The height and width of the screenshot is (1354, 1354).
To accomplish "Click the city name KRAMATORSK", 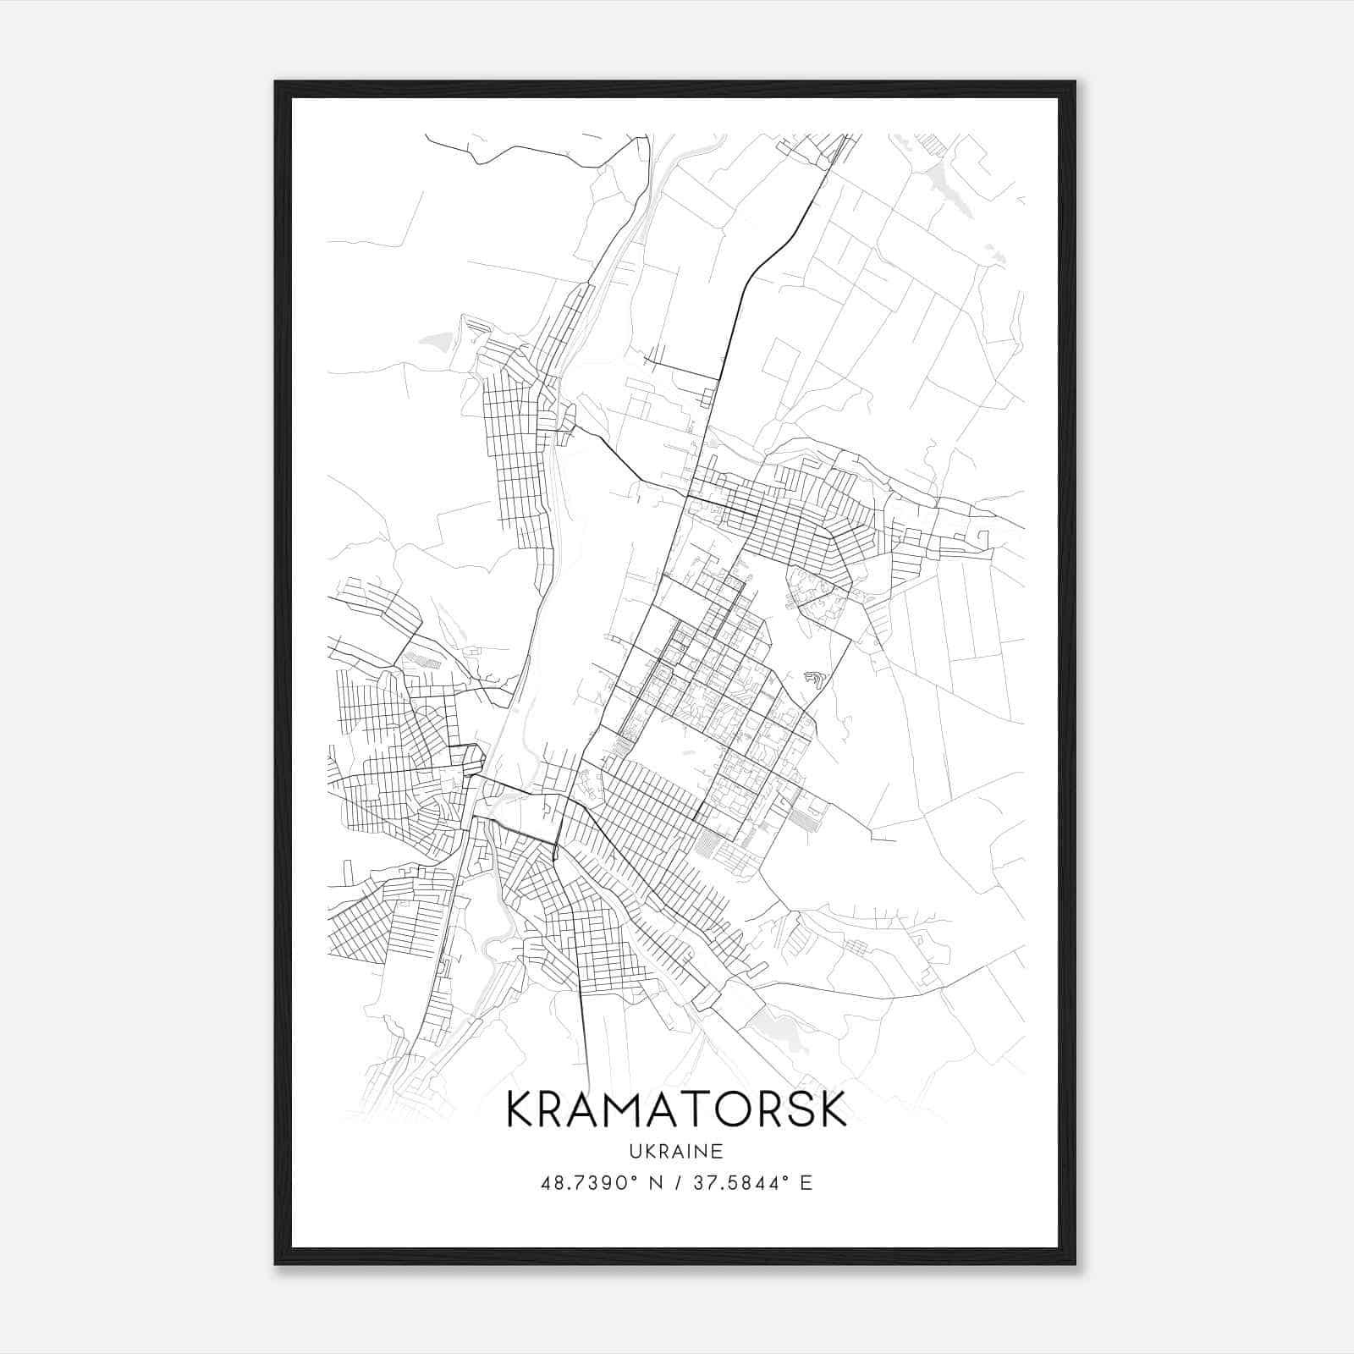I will pos(676,1109).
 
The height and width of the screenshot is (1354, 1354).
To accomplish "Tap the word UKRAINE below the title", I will pos(677,1152).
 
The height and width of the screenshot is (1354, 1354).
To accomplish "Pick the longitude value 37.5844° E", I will pos(752,1183).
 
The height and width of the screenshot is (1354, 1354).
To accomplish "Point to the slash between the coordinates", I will pos(675,1183).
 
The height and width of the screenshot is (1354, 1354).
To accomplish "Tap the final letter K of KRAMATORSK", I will pos(833,1109).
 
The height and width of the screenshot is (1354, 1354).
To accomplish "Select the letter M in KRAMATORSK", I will pos(624,1109).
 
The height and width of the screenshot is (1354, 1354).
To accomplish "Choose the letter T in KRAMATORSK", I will pos(696,1109).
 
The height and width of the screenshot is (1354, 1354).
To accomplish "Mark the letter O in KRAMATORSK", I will pos(732,1109).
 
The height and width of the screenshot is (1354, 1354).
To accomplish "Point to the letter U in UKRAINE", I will pos(634,1152).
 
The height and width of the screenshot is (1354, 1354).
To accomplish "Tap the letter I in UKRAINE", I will pos(691,1152).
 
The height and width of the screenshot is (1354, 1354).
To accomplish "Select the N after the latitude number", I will pos(652,1183).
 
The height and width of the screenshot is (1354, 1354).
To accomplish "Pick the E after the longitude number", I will pos(806,1183).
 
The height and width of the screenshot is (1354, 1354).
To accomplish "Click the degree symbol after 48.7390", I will pos(633,1177).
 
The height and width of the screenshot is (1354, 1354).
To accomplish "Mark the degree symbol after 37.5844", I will pos(786,1177).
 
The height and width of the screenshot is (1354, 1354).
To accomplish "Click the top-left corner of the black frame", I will pos(275,82).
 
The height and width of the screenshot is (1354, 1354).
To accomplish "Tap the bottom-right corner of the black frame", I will pos(1075,1264).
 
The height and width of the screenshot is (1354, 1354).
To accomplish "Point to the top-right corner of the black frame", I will pos(1075,82).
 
